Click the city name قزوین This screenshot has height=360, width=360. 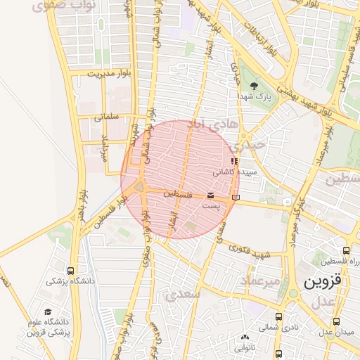(324, 281)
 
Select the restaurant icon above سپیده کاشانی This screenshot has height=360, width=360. (234, 162)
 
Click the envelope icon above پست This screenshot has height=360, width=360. (211, 195)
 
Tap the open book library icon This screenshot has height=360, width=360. (236, 198)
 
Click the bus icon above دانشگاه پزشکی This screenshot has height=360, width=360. (70, 271)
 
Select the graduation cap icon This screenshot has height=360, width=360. (48, 311)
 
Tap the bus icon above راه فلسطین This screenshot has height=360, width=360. (346, 250)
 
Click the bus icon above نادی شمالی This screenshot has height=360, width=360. (279, 316)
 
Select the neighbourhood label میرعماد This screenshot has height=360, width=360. (260, 281)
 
